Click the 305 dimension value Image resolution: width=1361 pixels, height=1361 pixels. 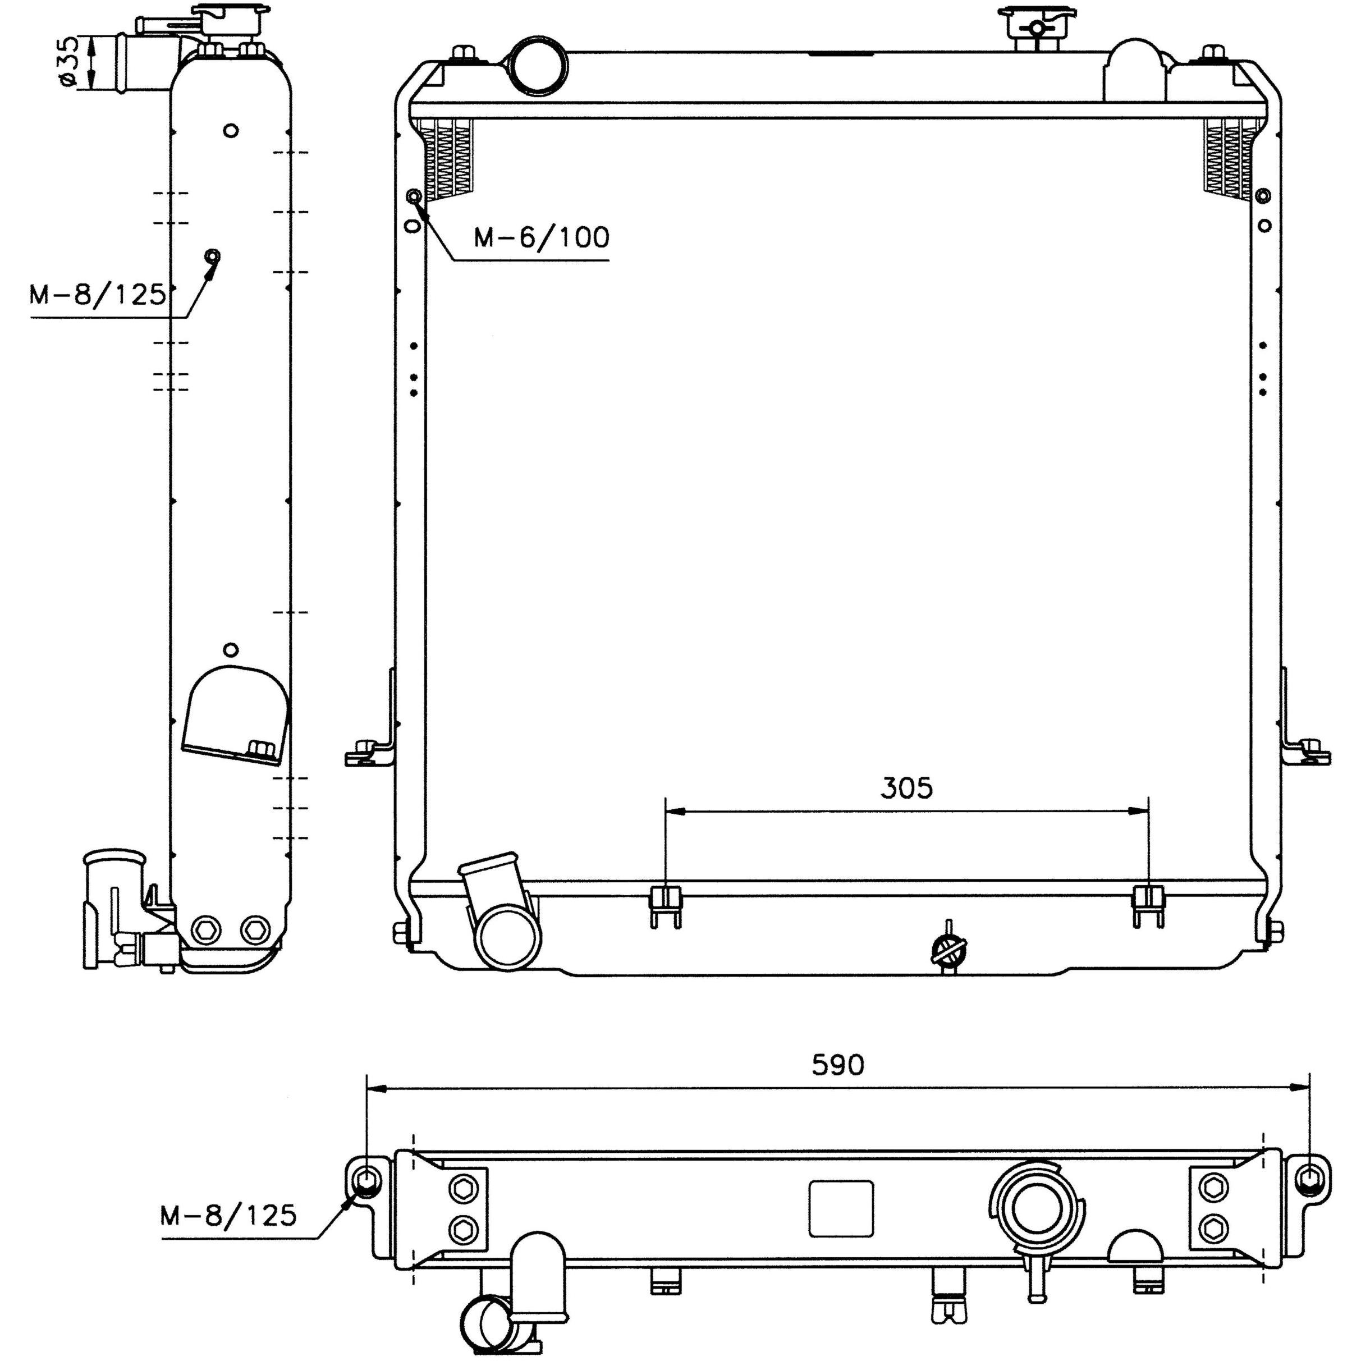906,789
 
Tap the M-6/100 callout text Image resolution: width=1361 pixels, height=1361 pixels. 541,237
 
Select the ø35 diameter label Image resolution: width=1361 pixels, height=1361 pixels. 69,63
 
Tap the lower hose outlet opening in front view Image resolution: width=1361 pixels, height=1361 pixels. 508,941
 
